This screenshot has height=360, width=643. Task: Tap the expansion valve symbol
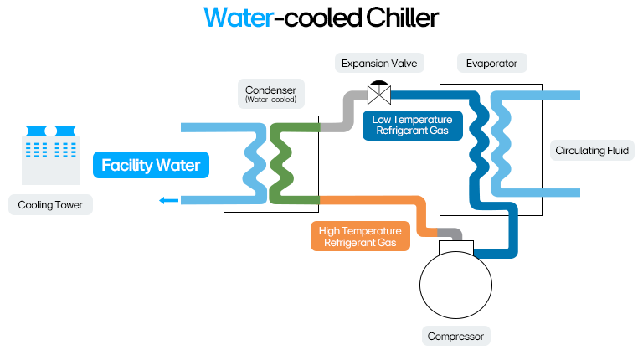pyautogui.click(x=378, y=89)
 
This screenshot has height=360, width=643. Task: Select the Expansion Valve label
pyautogui.click(x=380, y=63)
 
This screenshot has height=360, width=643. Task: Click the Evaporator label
pyautogui.click(x=492, y=63)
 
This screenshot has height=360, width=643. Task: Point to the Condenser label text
pyautogui.click(x=270, y=90)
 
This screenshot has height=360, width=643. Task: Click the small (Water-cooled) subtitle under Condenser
pyautogui.click(x=270, y=100)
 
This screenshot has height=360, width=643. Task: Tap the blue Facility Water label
pyautogui.click(x=151, y=165)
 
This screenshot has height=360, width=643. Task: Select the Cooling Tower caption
pyautogui.click(x=50, y=204)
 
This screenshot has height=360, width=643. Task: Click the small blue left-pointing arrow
pyautogui.click(x=168, y=200)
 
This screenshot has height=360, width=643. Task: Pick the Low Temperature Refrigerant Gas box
pyautogui.click(x=413, y=126)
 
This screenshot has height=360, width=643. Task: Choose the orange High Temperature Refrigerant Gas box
pyautogui.click(x=358, y=237)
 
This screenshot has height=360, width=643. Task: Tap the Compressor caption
pyautogui.click(x=457, y=337)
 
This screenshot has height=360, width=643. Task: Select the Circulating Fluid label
pyautogui.click(x=593, y=152)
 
